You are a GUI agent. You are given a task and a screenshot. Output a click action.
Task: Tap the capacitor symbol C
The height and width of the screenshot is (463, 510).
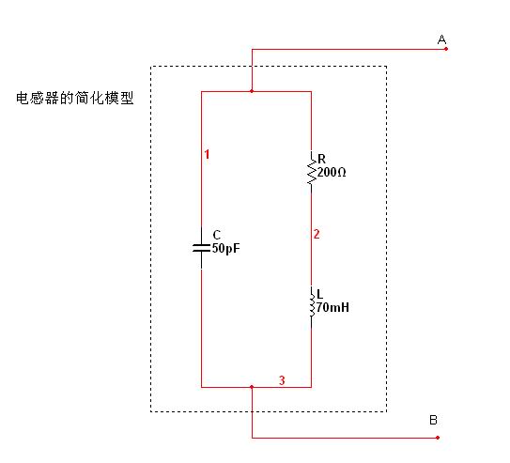point(201,248)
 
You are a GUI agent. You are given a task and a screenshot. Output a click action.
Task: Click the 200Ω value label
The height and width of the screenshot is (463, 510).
point(332,172)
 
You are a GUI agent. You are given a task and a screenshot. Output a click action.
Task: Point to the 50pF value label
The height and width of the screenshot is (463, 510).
point(226,249)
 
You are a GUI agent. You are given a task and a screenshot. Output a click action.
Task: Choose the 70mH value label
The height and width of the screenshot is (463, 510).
point(332,307)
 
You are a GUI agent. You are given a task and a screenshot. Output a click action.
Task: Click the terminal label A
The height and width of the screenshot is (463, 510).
point(441,39)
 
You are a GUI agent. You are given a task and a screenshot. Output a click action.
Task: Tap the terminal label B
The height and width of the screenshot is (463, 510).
point(433,420)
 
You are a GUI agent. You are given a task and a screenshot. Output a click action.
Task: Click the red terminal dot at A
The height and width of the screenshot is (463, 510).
point(446,49)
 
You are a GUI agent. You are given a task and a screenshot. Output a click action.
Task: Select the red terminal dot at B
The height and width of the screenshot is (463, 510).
point(438,438)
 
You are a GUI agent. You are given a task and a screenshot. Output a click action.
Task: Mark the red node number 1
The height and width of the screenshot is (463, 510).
point(207,154)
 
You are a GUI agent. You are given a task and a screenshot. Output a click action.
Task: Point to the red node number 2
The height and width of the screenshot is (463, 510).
point(317,234)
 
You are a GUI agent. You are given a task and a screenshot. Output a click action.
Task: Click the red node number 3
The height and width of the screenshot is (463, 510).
point(282,380)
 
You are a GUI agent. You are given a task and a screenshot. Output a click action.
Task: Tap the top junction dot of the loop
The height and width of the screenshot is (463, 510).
point(252,91)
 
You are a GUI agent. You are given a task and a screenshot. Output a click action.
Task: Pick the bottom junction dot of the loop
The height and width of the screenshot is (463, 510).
point(252,387)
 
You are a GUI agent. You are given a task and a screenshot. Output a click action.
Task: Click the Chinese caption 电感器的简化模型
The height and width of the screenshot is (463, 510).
point(75,99)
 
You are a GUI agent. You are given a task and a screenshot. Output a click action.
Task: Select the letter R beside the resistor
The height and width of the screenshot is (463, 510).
point(321,159)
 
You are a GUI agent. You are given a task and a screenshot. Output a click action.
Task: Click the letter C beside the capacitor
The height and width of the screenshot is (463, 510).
point(217,235)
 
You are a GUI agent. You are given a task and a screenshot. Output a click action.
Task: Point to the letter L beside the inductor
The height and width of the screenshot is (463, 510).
point(319,294)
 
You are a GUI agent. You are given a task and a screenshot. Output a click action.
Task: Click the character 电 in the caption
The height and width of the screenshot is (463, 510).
point(23,99)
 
